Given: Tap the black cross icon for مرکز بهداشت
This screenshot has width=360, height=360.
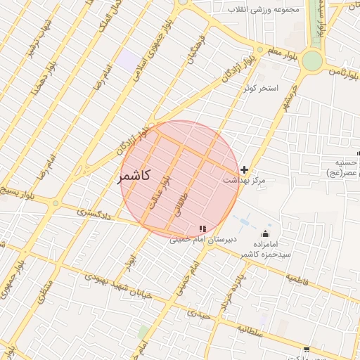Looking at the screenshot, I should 244,169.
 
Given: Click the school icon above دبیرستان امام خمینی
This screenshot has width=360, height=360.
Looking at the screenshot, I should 203,229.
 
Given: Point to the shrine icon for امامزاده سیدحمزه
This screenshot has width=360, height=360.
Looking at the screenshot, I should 265,233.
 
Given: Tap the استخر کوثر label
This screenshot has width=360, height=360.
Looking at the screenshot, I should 261,89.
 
